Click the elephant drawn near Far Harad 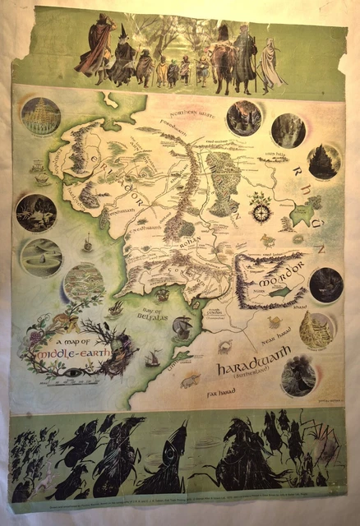190,381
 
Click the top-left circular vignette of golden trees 38,118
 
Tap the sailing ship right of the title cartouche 153,358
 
